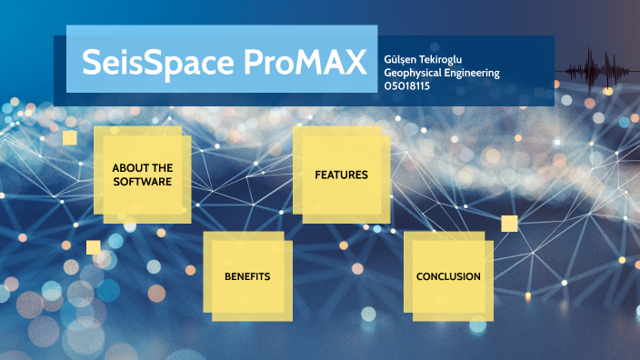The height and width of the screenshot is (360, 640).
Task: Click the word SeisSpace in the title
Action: (x=145, y=62)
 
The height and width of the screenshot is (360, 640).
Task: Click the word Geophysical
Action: (x=413, y=73)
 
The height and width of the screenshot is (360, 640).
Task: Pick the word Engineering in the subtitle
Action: (x=472, y=73)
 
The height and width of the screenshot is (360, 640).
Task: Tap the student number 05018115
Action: (x=407, y=86)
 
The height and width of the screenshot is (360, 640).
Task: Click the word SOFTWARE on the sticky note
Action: (x=142, y=182)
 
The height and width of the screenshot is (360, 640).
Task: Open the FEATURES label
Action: (x=341, y=175)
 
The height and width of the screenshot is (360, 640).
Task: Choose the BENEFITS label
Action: (x=247, y=275)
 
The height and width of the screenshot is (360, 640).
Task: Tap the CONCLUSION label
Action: (x=448, y=276)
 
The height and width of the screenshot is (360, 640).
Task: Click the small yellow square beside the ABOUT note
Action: (x=70, y=137)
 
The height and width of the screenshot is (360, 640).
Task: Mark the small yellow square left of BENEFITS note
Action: (x=93, y=247)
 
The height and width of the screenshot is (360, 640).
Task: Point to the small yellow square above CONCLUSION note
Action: (x=509, y=224)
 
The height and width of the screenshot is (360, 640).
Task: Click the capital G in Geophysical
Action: (x=388, y=73)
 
